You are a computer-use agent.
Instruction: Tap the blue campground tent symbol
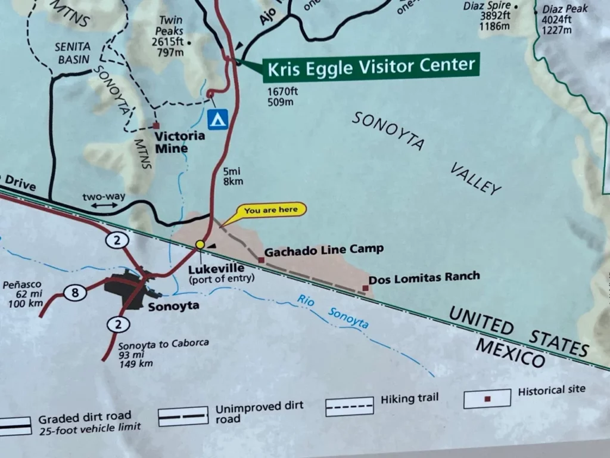[x=218, y=118]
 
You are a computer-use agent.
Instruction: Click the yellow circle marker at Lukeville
[x=200, y=245]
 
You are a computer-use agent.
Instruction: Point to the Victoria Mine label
[x=179, y=142]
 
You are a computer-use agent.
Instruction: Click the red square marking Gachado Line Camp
[x=261, y=260]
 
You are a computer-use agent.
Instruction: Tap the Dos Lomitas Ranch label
[x=424, y=277]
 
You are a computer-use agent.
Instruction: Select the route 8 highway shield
[x=74, y=292]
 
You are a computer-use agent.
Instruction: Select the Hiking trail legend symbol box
[x=349, y=406]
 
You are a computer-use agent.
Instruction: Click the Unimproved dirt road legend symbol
[x=183, y=416]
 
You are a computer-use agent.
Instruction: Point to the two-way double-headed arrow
[x=105, y=205]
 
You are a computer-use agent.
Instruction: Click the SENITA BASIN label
[x=72, y=52]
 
